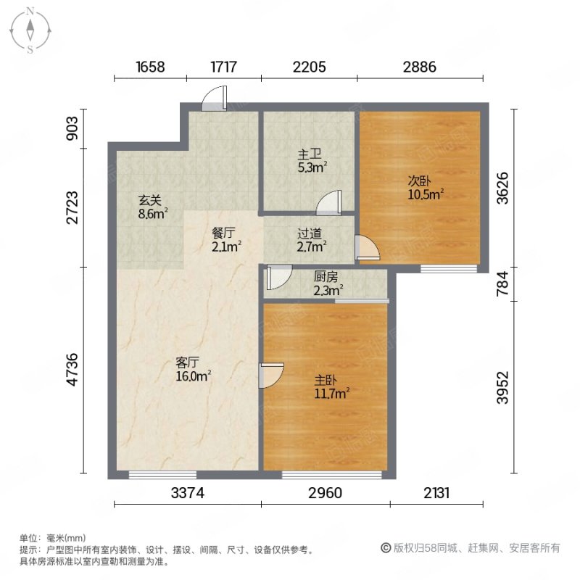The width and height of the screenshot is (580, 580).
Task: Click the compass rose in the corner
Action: [30, 30]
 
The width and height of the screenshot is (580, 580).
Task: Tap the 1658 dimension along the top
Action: [150, 67]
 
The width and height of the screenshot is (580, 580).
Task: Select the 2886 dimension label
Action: [420, 67]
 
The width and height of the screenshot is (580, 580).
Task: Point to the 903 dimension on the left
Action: [72, 128]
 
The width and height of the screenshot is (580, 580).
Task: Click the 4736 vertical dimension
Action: [72, 370]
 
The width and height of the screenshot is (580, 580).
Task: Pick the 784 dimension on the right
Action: [502, 283]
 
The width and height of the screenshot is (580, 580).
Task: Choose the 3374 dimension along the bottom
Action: [188, 493]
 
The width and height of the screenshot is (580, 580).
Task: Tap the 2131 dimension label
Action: [436, 493]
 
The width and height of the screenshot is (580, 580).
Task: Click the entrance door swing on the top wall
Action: [214, 99]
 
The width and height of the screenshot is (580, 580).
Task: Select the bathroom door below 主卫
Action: [329, 203]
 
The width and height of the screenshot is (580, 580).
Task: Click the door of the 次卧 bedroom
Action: [368, 247]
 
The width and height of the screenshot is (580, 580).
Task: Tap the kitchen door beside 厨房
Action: [279, 278]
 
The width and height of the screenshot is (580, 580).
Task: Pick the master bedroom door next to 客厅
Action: [271, 376]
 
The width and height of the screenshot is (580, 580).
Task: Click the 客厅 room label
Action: [188, 362]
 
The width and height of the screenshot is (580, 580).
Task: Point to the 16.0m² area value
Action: [193, 376]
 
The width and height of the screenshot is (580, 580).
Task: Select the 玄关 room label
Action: [150, 201]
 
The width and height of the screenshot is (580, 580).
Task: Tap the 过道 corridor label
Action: [310, 233]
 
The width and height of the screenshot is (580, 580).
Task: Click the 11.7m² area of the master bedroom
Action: [332, 393]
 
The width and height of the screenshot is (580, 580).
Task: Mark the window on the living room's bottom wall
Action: [162, 475]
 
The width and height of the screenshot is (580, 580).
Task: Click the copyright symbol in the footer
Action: [386, 548]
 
